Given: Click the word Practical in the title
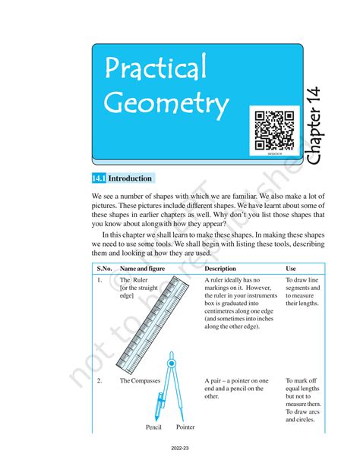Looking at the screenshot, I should click(156, 70).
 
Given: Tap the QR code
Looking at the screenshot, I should click(274, 130).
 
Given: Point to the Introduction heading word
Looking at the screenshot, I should click(131, 179).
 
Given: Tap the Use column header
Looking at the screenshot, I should click(291, 269).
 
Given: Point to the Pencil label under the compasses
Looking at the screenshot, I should click(154, 428).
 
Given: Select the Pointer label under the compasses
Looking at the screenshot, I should click(186, 428).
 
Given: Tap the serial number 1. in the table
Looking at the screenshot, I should click(99, 281).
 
